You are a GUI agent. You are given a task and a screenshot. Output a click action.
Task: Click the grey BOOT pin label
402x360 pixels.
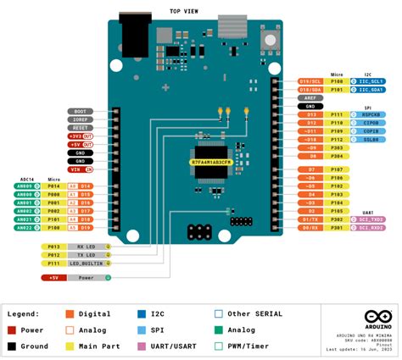coord(81,111)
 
